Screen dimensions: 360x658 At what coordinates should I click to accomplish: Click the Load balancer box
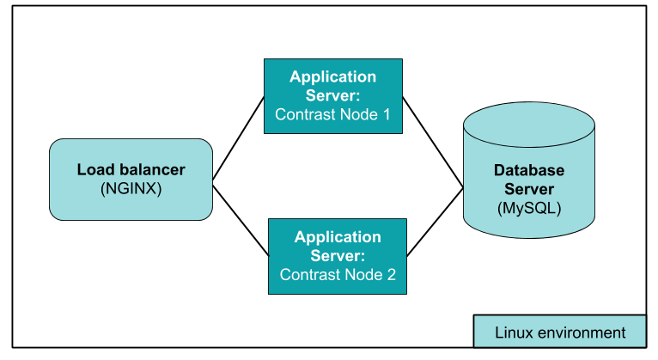point(131,179)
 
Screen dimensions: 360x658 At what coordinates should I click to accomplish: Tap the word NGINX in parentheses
point(131,187)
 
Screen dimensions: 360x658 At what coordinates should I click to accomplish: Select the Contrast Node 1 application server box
point(332,95)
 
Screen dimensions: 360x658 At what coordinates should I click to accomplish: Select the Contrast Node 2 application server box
point(338,255)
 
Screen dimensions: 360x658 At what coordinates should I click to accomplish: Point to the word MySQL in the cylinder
point(529,208)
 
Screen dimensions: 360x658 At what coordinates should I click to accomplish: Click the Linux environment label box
point(559,332)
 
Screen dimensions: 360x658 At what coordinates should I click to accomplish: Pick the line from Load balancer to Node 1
point(238,138)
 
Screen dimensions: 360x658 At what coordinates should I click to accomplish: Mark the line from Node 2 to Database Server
point(435,222)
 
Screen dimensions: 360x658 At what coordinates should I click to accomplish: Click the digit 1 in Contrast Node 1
point(386,114)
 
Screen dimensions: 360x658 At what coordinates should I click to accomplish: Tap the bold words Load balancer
point(131,169)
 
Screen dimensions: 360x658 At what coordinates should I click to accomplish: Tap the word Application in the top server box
point(332,76)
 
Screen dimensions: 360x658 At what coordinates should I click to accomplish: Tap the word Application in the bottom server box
point(338,236)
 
